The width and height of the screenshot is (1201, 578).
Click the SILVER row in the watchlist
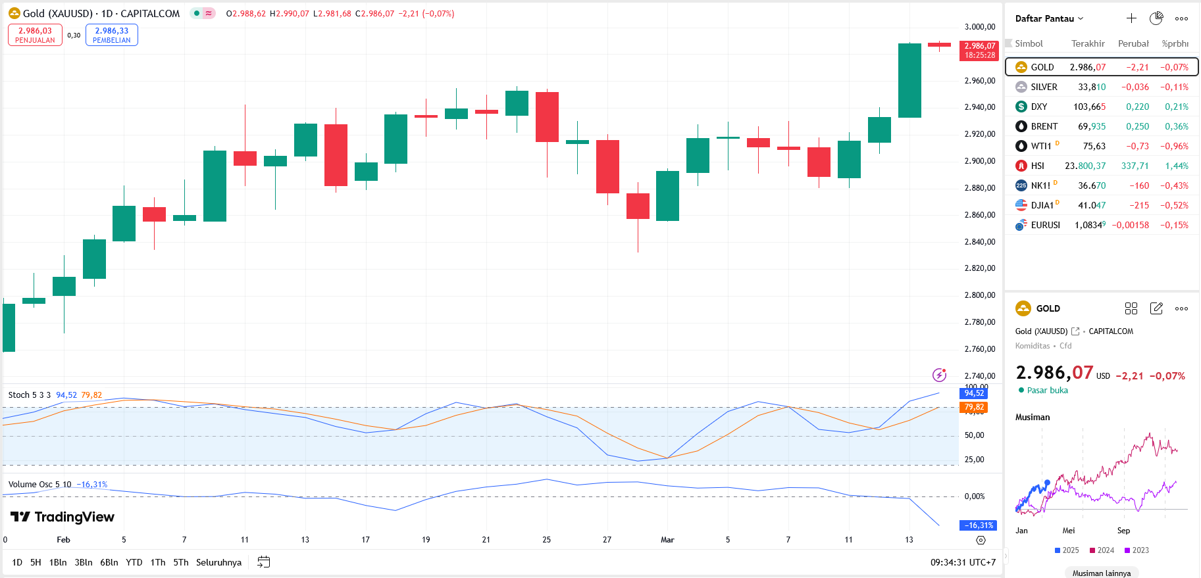(1102, 87)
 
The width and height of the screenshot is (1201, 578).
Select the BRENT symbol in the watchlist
(1044, 126)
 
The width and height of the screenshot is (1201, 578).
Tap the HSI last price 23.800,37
(1085, 166)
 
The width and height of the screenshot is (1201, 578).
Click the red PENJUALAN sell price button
(35, 35)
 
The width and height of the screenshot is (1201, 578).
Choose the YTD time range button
(134, 562)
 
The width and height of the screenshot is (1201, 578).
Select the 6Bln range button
(109, 562)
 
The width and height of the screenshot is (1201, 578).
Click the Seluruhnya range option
(218, 562)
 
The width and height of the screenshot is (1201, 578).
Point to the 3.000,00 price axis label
(980, 27)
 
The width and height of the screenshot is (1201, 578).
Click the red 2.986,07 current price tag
(980, 50)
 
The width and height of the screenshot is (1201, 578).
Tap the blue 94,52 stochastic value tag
(974, 393)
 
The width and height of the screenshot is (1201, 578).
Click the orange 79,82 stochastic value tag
(974, 407)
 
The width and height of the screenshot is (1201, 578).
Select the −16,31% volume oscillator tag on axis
(979, 525)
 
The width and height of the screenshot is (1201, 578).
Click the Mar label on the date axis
(667, 540)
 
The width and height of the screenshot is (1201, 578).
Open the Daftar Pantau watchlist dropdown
(1049, 18)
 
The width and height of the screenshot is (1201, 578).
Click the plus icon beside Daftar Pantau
(1131, 18)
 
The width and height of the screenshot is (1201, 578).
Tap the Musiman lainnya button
(1102, 573)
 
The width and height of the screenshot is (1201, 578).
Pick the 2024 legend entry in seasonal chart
(1102, 550)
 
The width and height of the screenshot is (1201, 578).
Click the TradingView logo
(63, 517)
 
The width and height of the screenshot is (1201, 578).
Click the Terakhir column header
(1088, 43)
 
